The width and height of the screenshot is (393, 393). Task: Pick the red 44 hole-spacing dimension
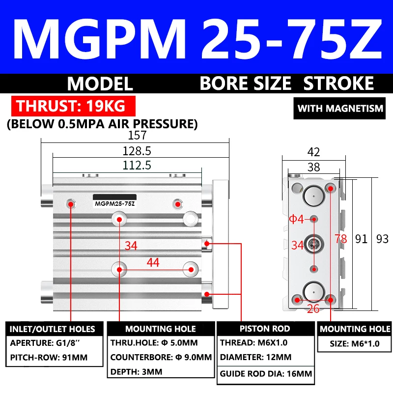(x=153, y=263)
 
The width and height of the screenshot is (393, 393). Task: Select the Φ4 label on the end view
(x=297, y=220)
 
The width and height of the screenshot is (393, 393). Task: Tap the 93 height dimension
(x=382, y=239)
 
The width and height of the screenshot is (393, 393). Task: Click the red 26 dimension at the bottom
(x=314, y=309)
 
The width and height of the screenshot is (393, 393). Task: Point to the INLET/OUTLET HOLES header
(x=52, y=329)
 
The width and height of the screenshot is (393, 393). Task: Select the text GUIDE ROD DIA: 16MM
(x=266, y=374)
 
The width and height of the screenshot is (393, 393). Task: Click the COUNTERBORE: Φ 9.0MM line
(x=161, y=357)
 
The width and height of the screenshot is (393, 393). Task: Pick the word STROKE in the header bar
(x=338, y=83)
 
